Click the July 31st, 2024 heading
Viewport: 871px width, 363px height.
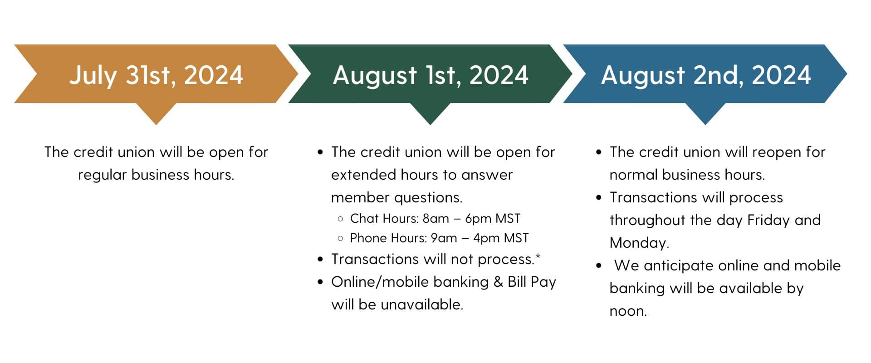(x=156, y=75)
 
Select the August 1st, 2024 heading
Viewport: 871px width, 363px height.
(x=431, y=75)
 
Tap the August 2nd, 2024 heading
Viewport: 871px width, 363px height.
(x=705, y=75)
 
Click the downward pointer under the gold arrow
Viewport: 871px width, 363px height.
(x=156, y=113)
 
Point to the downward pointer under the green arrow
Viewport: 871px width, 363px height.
(x=430, y=113)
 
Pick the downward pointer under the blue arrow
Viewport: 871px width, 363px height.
(x=705, y=113)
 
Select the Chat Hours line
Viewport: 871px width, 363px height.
(x=435, y=219)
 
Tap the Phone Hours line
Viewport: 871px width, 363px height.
(x=439, y=238)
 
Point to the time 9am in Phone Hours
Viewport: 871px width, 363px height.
(x=444, y=238)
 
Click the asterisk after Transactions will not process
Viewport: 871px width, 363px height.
(x=538, y=257)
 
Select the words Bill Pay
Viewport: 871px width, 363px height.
(x=532, y=282)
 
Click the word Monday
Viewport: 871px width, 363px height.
(x=639, y=243)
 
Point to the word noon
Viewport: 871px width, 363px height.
(x=628, y=311)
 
